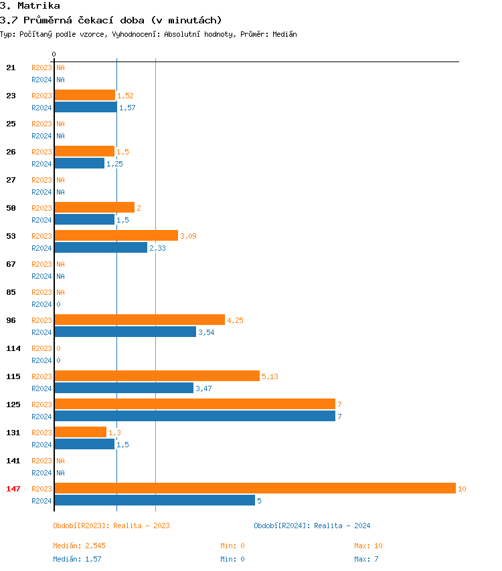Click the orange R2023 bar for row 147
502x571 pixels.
coord(254,488)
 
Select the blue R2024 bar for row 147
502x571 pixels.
coord(154,500)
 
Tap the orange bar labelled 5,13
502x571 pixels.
coord(157,376)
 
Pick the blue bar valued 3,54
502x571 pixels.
coord(124,332)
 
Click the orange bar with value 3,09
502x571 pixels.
coord(116,235)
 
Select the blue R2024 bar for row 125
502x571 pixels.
coord(194,416)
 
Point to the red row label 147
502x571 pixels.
coord(13,489)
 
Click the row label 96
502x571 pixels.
coord(11,320)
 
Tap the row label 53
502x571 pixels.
coord(11,236)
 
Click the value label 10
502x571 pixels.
coord(462,489)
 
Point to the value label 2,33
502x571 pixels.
coord(157,248)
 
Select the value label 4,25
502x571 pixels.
coord(235,320)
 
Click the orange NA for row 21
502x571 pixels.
coord(60,68)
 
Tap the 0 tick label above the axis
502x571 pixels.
coord(54,54)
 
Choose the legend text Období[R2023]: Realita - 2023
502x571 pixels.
coord(111,526)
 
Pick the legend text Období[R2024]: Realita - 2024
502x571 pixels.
coord(312,526)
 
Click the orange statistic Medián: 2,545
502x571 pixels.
coord(79,546)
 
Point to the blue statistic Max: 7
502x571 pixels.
coord(366,559)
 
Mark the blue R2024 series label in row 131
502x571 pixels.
coord(41,445)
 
